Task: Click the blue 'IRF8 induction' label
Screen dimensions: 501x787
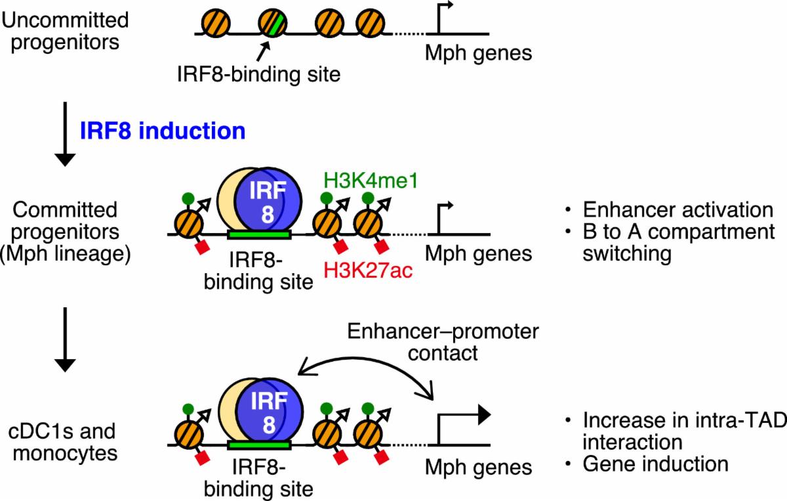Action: tap(162, 130)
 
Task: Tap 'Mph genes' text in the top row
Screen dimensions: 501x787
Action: tap(479, 53)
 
